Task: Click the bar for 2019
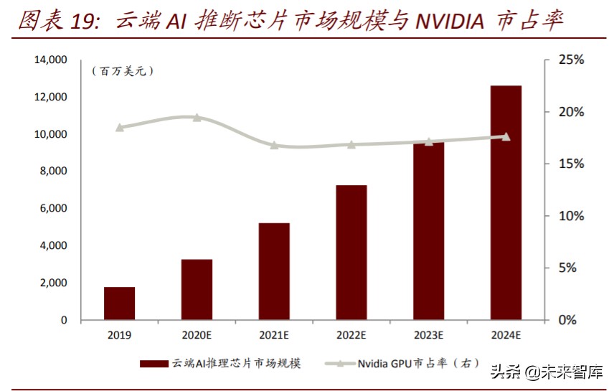[x=120, y=303]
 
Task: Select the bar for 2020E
[x=197, y=289]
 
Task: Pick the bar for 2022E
[x=351, y=253]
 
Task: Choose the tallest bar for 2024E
[x=506, y=202]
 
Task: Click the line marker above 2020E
[x=197, y=118]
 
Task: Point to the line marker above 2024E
[x=506, y=136]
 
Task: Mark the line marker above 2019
[x=120, y=128]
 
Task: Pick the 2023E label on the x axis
[x=428, y=335]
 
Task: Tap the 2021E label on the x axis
[x=274, y=335]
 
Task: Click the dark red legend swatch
[x=153, y=364]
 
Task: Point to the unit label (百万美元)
[x=123, y=71]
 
